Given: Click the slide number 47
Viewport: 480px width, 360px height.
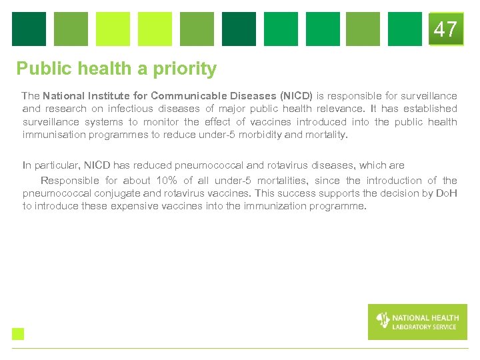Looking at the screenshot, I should (x=445, y=29).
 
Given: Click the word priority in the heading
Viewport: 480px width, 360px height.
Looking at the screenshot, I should (x=185, y=69).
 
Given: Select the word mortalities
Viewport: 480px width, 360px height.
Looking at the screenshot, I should (x=275, y=181).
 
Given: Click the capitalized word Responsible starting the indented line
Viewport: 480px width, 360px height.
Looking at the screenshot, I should (x=69, y=181).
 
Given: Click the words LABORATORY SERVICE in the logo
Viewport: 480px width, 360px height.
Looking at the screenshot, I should (x=424, y=327).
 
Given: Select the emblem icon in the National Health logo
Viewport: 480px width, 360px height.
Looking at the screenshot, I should (x=383, y=321).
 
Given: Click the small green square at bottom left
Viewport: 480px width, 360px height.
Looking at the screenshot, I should (x=18, y=334).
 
